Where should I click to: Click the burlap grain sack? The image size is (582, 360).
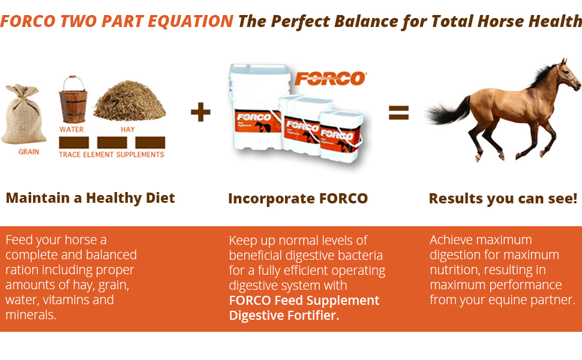(24, 115)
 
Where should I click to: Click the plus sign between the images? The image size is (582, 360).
(200, 112)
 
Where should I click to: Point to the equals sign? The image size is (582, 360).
(398, 112)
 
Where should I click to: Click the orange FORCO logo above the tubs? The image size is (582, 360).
(331, 79)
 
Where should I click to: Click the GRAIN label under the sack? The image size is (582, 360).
(29, 152)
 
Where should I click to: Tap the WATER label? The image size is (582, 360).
(71, 130)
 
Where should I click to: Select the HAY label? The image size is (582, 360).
(128, 130)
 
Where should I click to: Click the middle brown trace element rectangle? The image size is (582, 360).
(112, 143)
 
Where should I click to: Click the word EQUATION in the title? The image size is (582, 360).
(190, 21)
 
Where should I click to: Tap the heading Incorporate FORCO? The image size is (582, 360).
(298, 199)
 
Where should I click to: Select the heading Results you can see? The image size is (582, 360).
(503, 199)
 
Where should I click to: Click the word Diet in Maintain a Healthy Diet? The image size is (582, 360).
(160, 198)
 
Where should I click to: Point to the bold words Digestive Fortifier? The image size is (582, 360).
(284, 316)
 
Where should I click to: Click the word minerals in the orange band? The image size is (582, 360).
(31, 315)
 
